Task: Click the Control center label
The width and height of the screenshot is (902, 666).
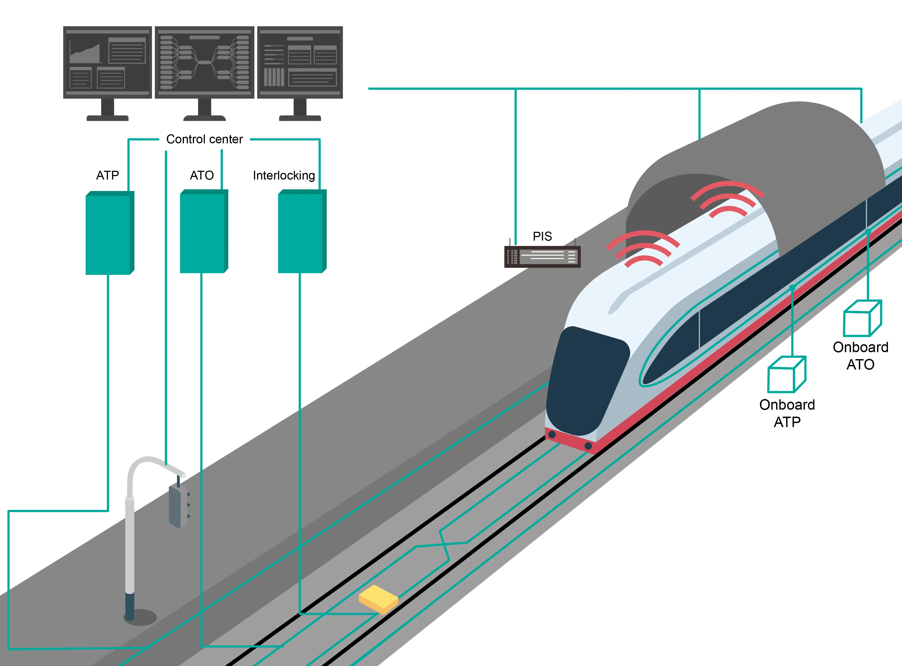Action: [x=204, y=140]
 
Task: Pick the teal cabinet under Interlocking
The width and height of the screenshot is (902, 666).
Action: [x=301, y=232]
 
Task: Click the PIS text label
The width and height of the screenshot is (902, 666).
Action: [x=542, y=236]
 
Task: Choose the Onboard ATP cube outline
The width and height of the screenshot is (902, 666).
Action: [x=786, y=375]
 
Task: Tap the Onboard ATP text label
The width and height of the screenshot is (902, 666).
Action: [x=787, y=413]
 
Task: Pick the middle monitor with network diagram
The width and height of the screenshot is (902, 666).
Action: [x=204, y=63]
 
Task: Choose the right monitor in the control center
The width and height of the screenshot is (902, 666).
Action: [x=300, y=63]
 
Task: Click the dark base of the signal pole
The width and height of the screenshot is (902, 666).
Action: [x=129, y=607]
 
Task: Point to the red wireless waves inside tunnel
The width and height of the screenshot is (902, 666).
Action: [x=728, y=200]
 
